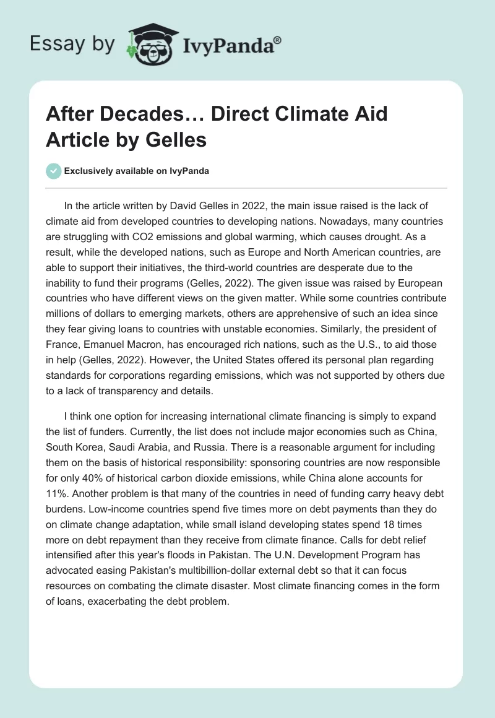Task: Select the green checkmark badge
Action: point(54,171)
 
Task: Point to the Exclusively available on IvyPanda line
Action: point(137,171)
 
